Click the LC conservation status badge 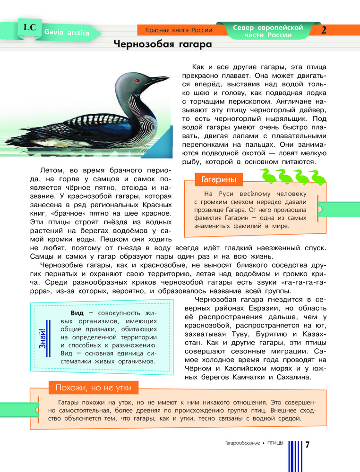[29, 28]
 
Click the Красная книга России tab [179, 30]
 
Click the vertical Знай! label [43, 338]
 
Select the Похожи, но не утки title [94, 388]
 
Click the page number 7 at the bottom [308, 445]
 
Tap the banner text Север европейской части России [268, 31]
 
